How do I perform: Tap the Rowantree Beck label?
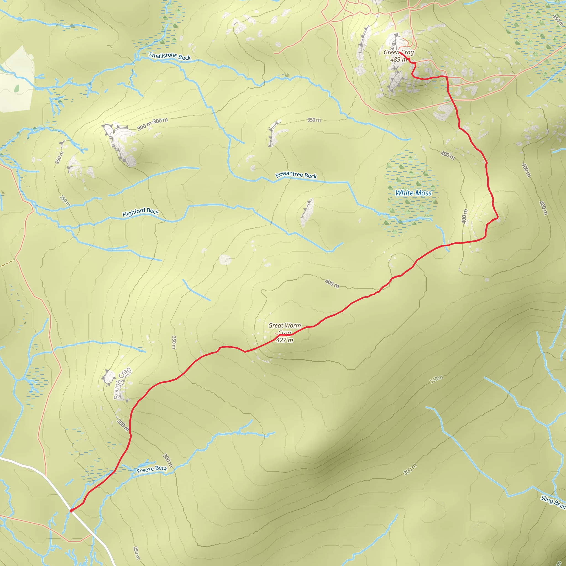coord(296,175)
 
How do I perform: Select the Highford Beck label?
coord(140,212)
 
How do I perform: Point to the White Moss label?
coord(413,193)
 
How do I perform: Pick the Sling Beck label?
coord(553,502)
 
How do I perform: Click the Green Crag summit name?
coord(399,52)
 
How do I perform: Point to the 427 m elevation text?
coord(284,340)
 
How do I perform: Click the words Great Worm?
coord(284,326)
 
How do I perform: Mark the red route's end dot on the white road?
coord(71,510)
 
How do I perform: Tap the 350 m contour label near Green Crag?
coord(314,120)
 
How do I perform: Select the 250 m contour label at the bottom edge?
coord(137,552)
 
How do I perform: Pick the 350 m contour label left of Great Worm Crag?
coord(174,342)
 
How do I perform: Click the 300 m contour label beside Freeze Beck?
coord(168,460)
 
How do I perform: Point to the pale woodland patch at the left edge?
coord(16,81)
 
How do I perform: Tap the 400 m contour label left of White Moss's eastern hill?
coord(464,216)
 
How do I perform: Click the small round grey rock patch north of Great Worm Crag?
coord(225,259)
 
